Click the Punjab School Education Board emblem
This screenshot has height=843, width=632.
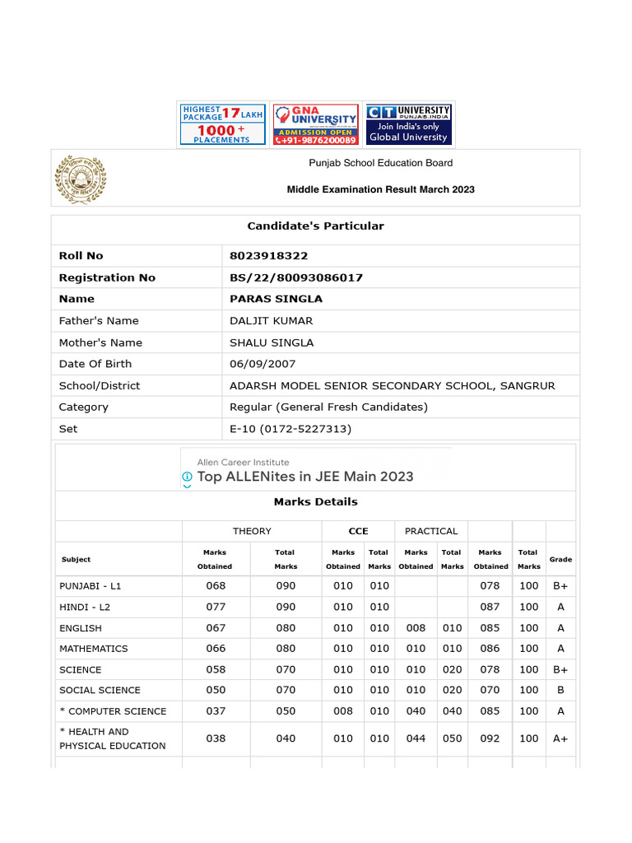coord(81,179)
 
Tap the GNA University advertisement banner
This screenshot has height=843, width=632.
coord(316,124)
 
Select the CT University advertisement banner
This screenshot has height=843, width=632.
coord(408,124)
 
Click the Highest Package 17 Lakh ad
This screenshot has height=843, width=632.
coord(222,124)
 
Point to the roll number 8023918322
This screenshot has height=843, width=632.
coord(268,256)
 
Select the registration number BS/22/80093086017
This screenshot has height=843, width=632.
coord(296,277)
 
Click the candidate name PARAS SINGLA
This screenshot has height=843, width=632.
coord(276,299)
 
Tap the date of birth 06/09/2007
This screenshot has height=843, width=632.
coord(263,364)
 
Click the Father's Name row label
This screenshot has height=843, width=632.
coord(99,321)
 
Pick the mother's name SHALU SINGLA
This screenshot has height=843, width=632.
coord(272,342)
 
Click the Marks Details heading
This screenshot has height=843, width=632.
coord(316,501)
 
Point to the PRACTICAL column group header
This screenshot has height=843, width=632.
coord(431,531)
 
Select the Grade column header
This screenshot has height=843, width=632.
coord(560,560)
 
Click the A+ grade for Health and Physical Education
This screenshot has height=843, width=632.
coord(560,738)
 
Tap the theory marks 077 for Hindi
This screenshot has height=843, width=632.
coord(216,607)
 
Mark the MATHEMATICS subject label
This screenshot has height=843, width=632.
coord(94,649)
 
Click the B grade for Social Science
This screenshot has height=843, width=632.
coord(560,690)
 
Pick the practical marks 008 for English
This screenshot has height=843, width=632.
coord(416,627)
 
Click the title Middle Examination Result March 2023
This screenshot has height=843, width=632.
coord(380,189)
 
